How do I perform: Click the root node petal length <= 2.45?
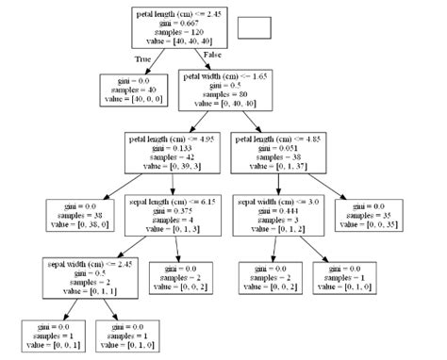(178, 27)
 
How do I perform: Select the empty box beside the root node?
(254, 26)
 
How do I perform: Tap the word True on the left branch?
(144, 58)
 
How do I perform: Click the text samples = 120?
(178, 31)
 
